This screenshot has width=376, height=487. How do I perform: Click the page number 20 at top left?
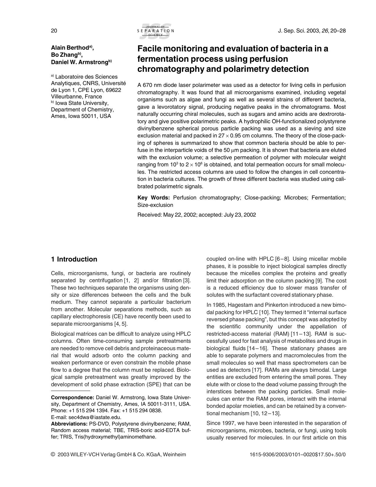click(x=54, y=30)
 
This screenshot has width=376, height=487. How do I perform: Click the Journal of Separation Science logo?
click(x=155, y=31)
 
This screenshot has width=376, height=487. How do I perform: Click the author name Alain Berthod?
click(x=70, y=48)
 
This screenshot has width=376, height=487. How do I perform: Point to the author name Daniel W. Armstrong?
click(x=79, y=62)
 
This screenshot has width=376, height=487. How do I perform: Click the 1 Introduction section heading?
click(x=74, y=259)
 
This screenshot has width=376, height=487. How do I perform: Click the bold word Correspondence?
click(x=73, y=397)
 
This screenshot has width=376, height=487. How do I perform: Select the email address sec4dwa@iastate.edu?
click(x=95, y=417)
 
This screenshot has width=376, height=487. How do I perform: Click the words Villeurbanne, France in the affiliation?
click(x=76, y=97)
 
